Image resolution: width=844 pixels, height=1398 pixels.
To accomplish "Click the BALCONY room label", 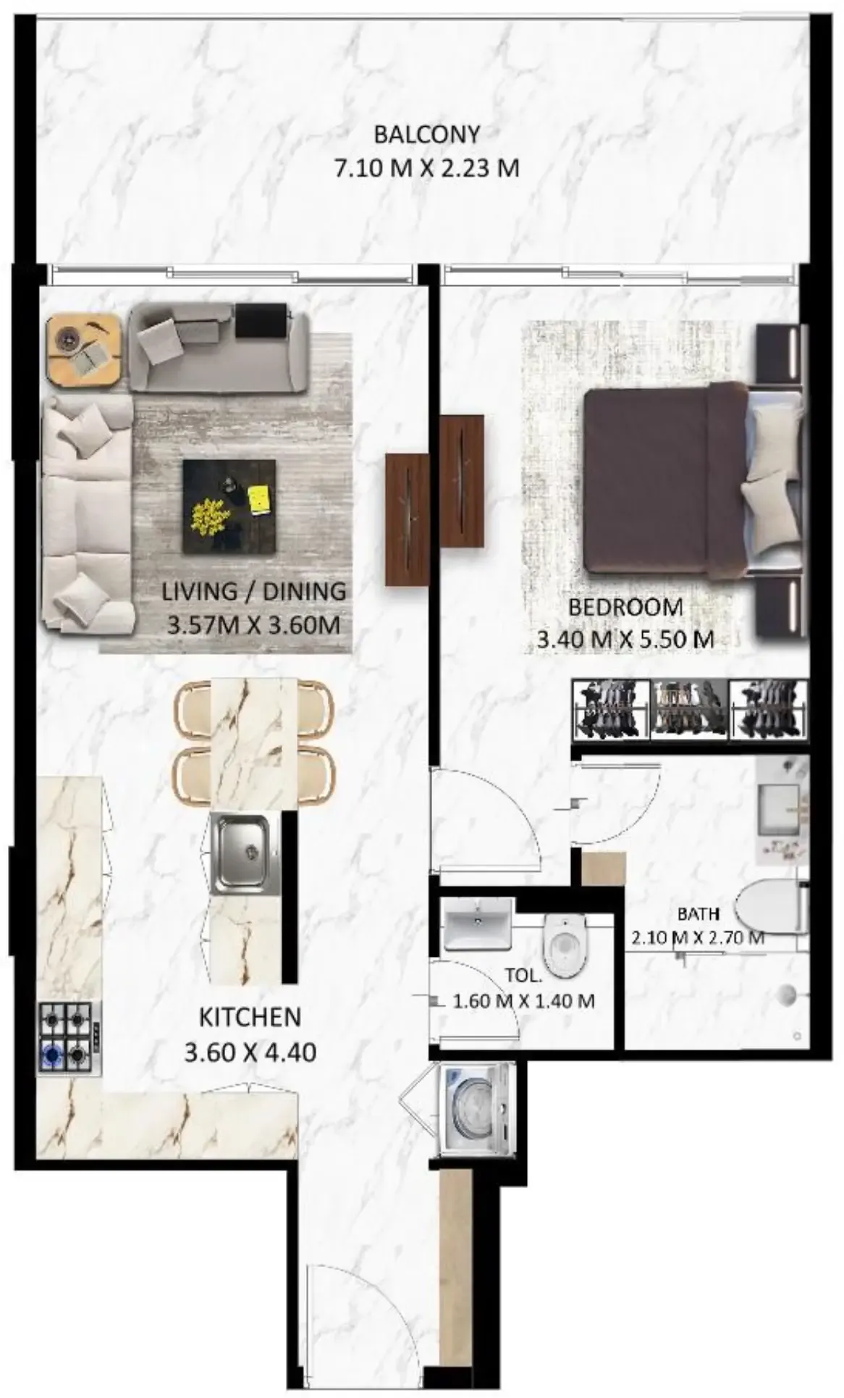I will tap(426, 135).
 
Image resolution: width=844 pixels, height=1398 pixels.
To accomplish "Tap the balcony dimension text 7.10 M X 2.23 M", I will tap(426, 169).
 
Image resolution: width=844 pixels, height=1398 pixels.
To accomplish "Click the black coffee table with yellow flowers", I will tap(229, 506).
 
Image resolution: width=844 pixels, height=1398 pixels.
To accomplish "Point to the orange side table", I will tap(85, 350).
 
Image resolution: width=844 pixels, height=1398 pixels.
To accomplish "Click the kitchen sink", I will tap(240, 853).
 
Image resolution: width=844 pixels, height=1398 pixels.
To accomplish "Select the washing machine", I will tap(477, 1108).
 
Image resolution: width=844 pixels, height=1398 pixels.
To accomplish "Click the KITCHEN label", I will tap(250, 1017).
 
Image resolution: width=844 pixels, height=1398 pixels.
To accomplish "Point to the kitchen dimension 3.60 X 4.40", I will tap(250, 1052).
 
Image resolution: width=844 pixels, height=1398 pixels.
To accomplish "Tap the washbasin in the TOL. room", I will tap(477, 924).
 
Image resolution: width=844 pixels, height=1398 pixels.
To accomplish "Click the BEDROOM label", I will tap(625, 607).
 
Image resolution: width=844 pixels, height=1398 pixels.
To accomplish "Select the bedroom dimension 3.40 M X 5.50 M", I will tap(625, 639).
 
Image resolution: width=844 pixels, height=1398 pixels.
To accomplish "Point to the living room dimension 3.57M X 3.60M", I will tap(253, 624).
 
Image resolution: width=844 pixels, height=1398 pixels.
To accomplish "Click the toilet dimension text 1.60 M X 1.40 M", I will tap(523, 1002).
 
